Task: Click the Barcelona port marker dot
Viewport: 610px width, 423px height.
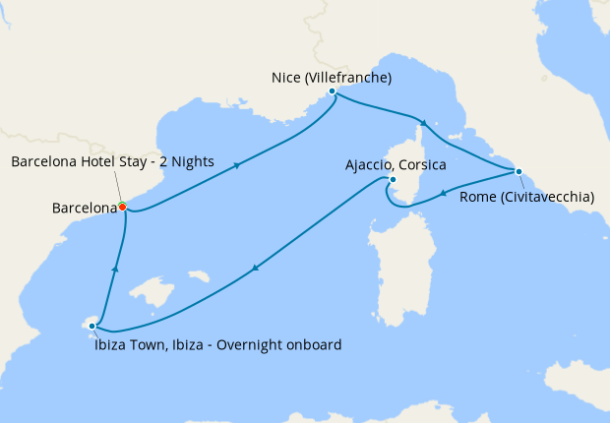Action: click(122, 207)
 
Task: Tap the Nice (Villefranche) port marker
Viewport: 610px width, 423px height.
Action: click(333, 91)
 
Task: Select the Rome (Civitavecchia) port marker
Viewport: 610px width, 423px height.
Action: click(518, 172)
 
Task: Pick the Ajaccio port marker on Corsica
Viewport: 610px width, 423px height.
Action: click(392, 180)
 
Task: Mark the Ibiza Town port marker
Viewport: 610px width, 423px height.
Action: click(92, 325)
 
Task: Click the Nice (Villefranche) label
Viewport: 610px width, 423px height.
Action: click(333, 76)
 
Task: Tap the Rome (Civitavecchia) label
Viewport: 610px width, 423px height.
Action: click(526, 197)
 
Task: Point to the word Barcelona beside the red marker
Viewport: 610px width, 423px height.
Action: click(84, 208)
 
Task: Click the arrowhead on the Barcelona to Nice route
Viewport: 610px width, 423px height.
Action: click(238, 165)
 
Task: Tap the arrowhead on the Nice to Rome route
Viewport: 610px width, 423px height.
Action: click(424, 123)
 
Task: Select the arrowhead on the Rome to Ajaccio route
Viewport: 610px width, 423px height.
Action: click(444, 193)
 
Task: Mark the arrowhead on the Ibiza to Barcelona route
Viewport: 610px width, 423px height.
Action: click(116, 267)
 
